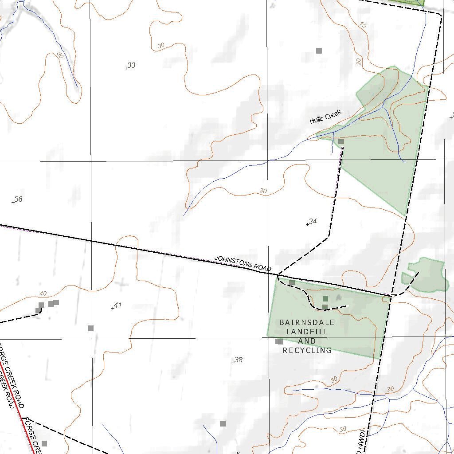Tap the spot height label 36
pos(18,200)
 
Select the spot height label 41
pos(117,305)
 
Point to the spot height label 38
pos(239,360)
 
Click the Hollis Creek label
pos(326,117)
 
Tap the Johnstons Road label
pos(243,263)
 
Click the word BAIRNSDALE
pos(307,322)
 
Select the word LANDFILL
pos(307,332)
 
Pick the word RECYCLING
pos(307,350)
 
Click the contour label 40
pos(43,294)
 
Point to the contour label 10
pos(363,25)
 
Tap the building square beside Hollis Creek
pos(341,141)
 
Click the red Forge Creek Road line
pos(18,408)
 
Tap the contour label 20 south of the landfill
pos(390,389)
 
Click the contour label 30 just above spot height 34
pos(263,191)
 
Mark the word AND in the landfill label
pos(307,341)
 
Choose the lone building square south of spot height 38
pos(223,423)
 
